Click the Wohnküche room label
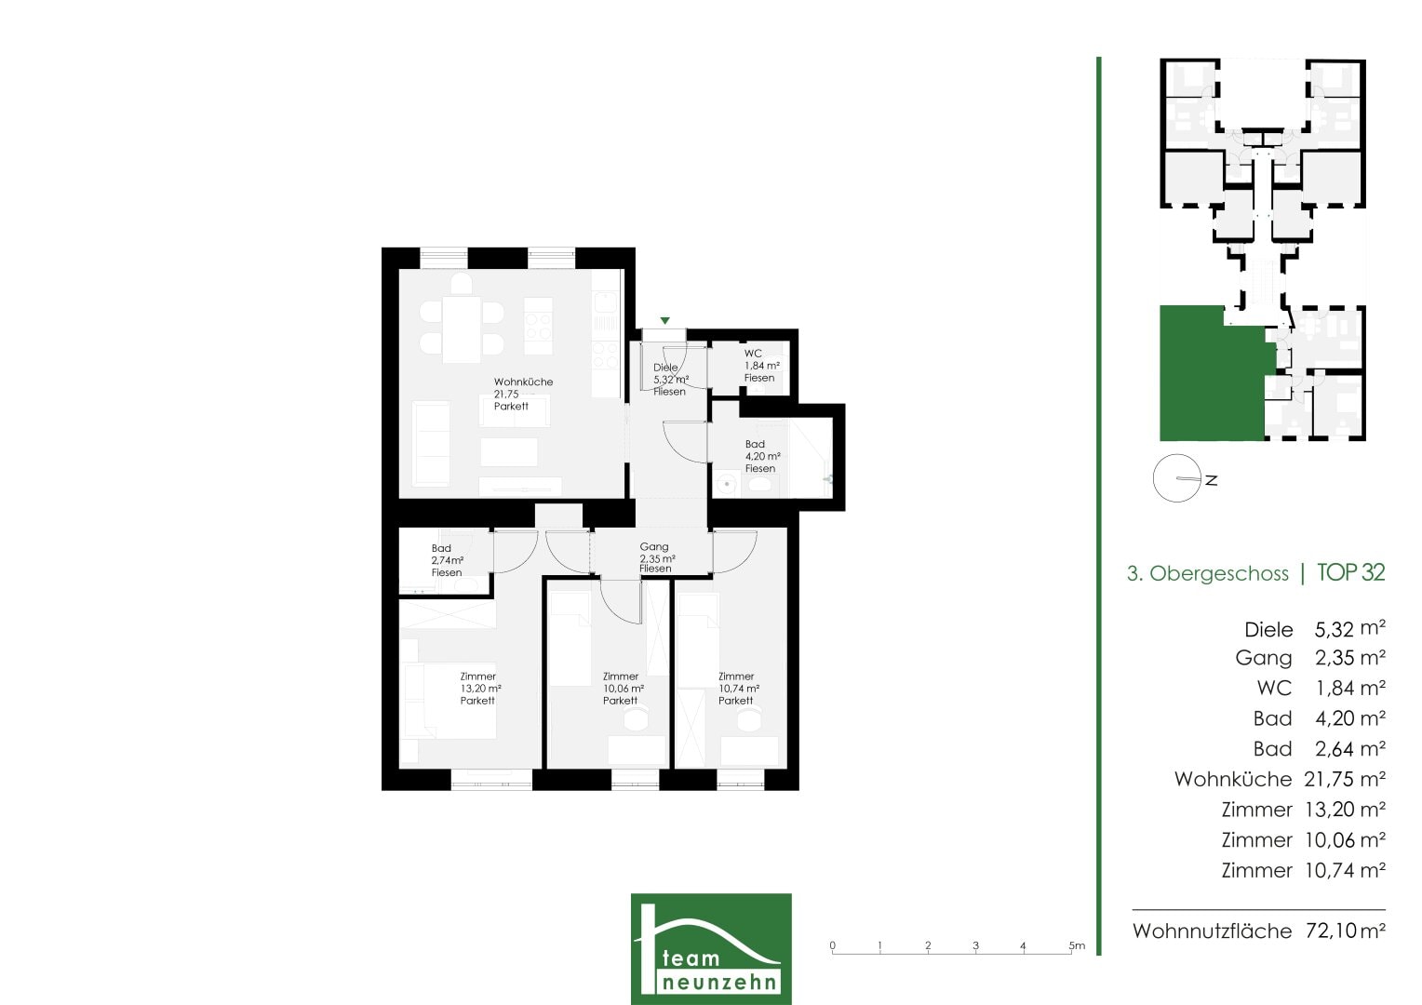coord(523,394)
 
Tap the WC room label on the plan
coord(762,366)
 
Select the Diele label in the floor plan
coord(671,380)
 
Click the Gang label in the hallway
coord(657,557)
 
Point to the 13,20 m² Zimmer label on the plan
coord(480,689)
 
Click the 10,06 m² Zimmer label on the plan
coord(624,689)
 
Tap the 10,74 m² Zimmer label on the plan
coord(739,689)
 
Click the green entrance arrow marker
coord(664,321)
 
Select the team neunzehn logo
coord(711,948)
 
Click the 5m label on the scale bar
coord(1077,945)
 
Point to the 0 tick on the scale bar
coord(832,945)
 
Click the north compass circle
coord(1177,478)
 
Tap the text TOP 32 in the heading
coord(1351,572)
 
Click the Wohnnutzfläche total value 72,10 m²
coord(1345,931)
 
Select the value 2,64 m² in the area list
coord(1349,749)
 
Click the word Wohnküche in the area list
coord(1233,779)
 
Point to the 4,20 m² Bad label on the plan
coord(762,457)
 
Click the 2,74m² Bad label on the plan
coord(447,560)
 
